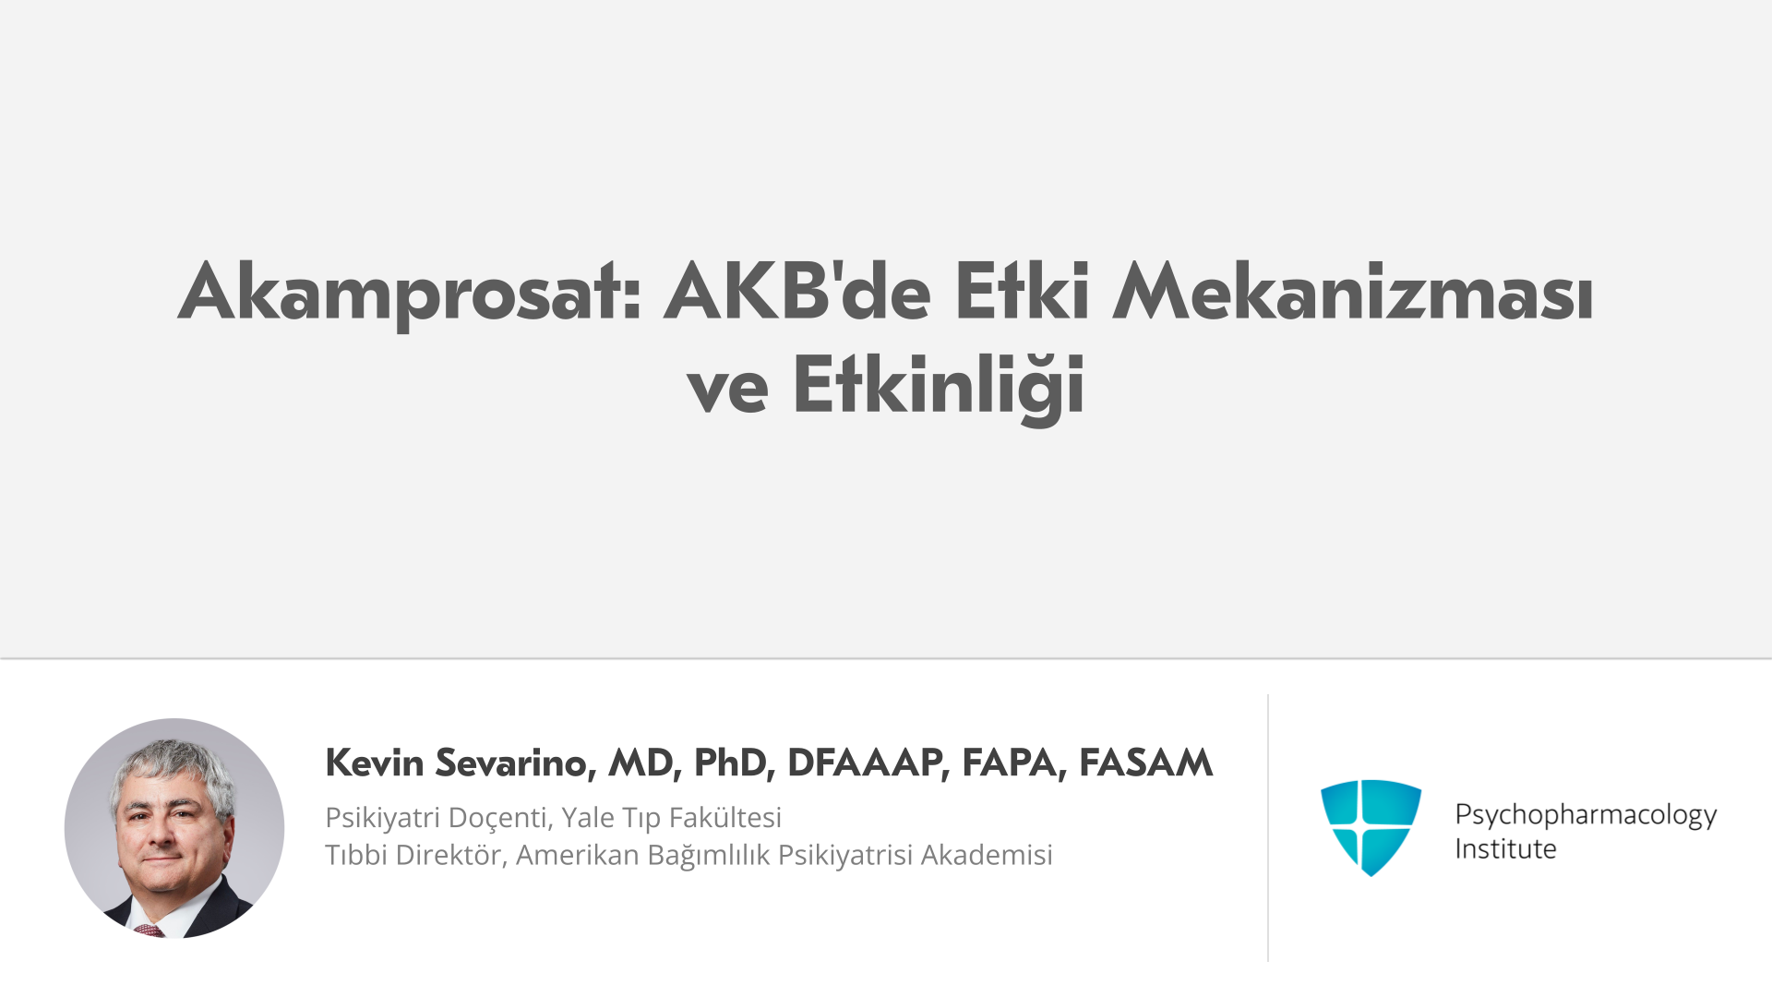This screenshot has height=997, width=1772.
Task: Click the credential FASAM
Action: pos(1145,763)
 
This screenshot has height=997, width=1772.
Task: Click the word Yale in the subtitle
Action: pos(588,818)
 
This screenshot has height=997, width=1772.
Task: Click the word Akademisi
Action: pos(987,855)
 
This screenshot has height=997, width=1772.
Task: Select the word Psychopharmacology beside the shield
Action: pos(1586,815)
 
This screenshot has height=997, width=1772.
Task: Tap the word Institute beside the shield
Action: pos(1505,848)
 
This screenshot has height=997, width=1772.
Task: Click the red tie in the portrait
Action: pos(149,930)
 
